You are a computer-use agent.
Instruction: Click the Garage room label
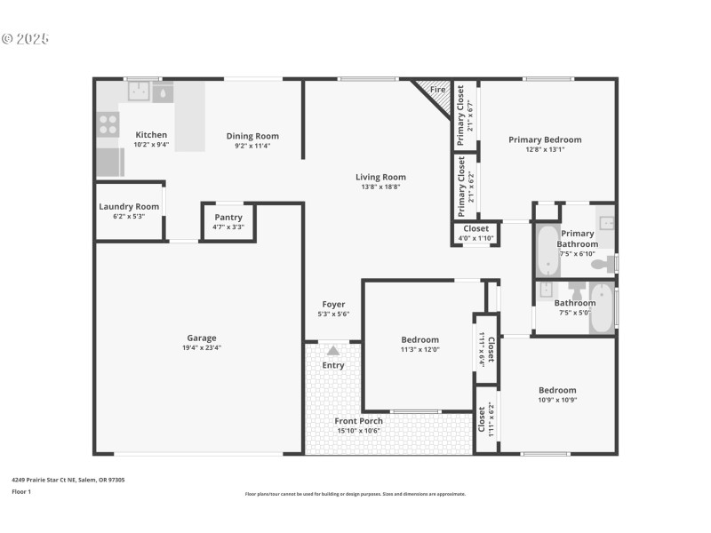[x=202, y=338]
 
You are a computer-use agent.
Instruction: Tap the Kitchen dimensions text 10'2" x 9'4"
[x=151, y=145]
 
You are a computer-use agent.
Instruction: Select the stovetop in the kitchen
[x=108, y=124]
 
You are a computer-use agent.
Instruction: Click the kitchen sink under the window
[x=139, y=91]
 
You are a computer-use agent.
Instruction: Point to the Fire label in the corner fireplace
[x=437, y=90]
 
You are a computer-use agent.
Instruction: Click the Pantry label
[x=228, y=218]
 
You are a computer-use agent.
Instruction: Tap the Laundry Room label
[x=129, y=207]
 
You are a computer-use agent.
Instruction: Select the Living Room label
[x=380, y=177]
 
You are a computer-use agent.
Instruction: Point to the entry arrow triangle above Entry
[x=333, y=351]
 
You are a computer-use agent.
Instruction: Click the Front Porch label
[x=358, y=421]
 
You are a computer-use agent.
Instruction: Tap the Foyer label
[x=333, y=304]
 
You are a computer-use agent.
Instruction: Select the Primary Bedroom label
[x=545, y=139]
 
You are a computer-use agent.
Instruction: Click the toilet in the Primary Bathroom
[x=602, y=263]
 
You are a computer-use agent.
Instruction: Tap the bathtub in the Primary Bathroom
[x=545, y=252]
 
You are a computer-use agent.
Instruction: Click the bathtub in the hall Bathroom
[x=602, y=307]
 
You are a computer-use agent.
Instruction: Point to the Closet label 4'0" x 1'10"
[x=476, y=228]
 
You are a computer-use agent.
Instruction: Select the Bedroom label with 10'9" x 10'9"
[x=557, y=390]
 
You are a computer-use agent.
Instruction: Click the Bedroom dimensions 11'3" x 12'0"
[x=419, y=349]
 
